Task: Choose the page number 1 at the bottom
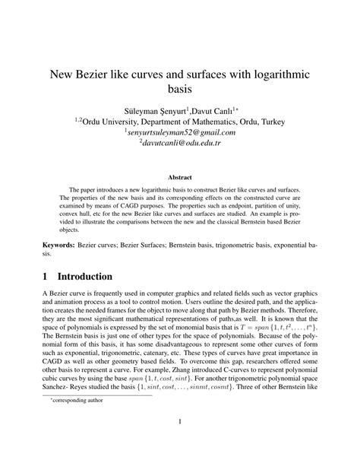click(x=180, y=444)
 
